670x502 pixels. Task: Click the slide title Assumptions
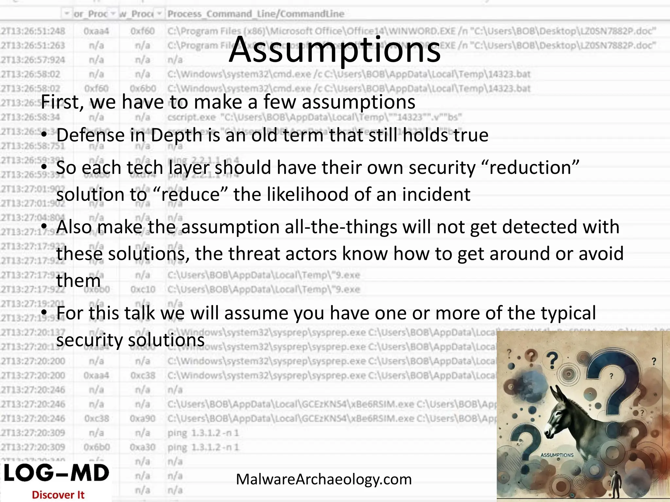pyautogui.click(x=335, y=50)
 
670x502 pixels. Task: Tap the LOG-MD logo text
pyautogui.click(x=56, y=473)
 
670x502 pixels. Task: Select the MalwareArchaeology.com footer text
pyautogui.click(x=324, y=479)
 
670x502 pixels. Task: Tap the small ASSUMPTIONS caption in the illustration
pyautogui.click(x=557, y=455)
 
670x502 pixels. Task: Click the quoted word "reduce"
pyautogui.click(x=190, y=194)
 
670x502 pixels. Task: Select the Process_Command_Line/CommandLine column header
pyautogui.click(x=256, y=14)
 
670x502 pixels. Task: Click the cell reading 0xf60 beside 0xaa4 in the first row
pyautogui.click(x=142, y=31)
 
